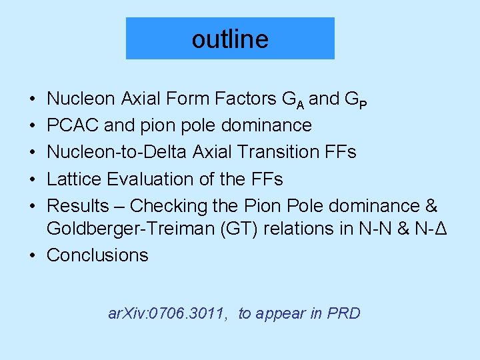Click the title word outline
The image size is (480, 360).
coord(230,39)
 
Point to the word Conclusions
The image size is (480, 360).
coord(97,255)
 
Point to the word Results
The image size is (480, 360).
coord(80,205)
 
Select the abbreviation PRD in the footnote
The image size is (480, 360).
coord(343,313)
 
